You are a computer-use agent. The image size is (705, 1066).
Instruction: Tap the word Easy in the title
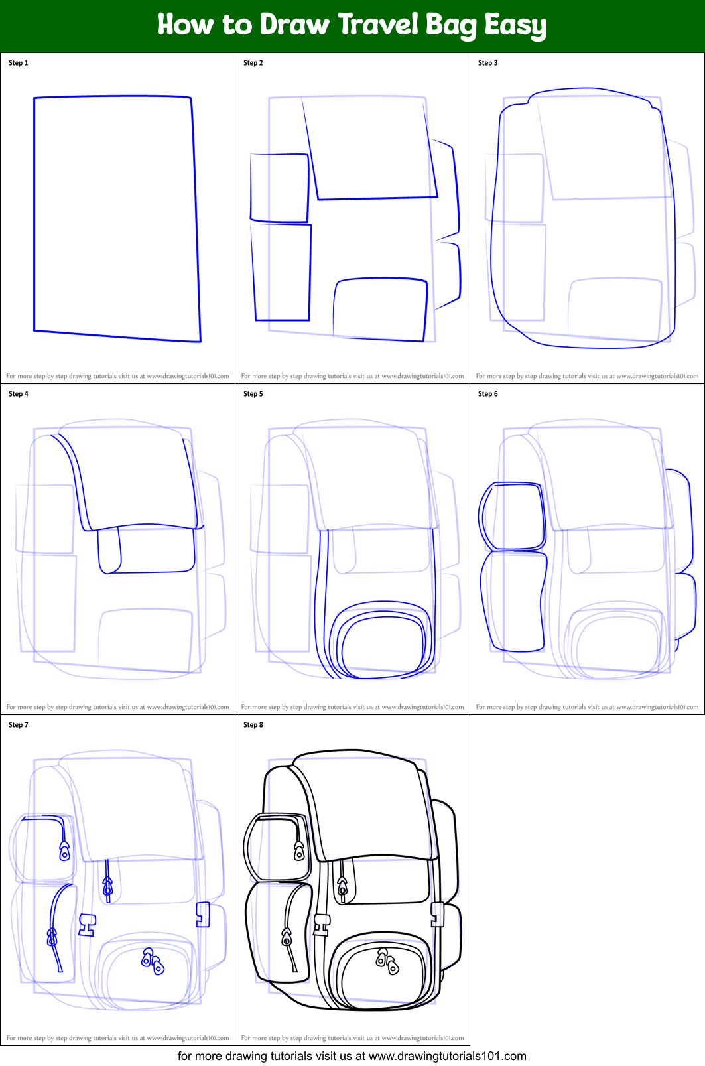coord(515,26)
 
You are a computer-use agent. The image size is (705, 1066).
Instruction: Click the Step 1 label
coord(19,63)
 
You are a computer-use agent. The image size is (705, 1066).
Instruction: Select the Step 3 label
coord(487,63)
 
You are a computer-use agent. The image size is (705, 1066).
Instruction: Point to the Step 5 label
coord(253,394)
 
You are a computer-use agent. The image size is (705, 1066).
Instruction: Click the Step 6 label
coord(487,394)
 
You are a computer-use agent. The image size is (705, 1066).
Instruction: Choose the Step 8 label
coord(253,725)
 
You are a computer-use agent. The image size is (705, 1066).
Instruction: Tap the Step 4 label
coord(19,394)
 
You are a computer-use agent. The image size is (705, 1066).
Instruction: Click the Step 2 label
coord(253,63)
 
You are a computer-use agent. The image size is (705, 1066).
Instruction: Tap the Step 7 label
coord(19,725)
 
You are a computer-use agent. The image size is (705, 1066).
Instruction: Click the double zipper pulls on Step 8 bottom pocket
coord(387,961)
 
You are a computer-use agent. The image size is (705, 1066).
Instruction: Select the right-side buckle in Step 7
coord(203,914)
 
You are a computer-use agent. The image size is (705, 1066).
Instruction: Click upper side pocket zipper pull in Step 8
coord(299,851)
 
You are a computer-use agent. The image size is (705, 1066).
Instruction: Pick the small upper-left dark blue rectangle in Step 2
coord(279,188)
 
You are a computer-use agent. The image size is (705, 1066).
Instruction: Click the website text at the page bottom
coord(352,1056)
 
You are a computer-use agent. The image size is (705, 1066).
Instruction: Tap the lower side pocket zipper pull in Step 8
coord(287,937)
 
